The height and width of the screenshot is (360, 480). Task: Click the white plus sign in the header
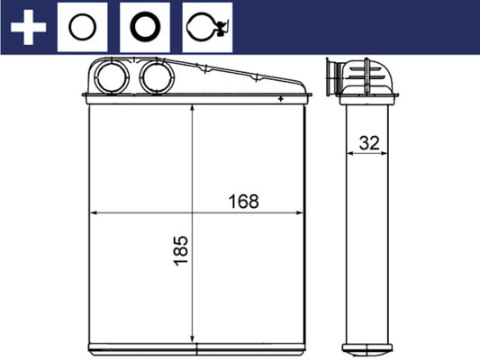point(27,27)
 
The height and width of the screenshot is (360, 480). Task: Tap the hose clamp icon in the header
point(208,27)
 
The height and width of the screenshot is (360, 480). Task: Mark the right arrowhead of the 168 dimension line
point(300,214)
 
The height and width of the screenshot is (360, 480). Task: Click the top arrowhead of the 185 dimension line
point(194,109)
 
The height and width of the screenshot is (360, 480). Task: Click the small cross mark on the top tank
point(282,97)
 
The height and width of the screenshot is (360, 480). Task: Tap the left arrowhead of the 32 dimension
point(349,154)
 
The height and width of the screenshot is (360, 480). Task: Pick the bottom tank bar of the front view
point(195,346)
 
